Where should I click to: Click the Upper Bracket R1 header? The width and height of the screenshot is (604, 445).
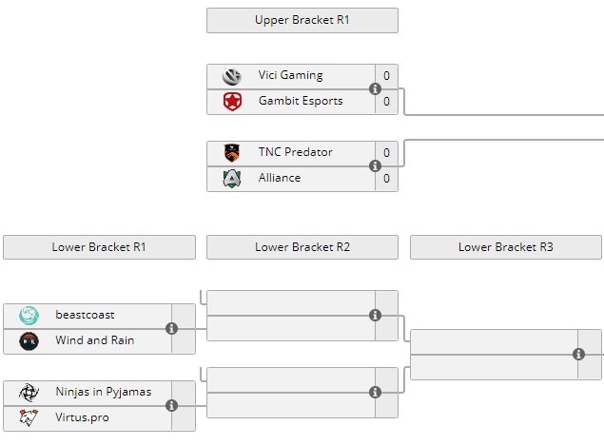[x=302, y=20]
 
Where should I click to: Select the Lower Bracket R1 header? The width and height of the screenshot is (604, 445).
[x=99, y=247]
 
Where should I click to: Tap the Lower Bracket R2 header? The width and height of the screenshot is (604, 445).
[x=302, y=247]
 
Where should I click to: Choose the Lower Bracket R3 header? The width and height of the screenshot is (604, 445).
[x=505, y=247]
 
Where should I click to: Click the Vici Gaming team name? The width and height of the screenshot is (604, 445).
[x=290, y=76]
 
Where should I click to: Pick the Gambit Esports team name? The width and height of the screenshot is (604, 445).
[x=300, y=102]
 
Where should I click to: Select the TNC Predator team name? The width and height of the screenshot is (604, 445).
[x=295, y=152]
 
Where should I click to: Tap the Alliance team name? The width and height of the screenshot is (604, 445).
[x=279, y=178]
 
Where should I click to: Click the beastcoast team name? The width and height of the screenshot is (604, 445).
[x=85, y=315]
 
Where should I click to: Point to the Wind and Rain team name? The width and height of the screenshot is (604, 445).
[x=94, y=340]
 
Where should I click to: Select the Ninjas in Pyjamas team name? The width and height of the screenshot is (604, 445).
[x=103, y=392]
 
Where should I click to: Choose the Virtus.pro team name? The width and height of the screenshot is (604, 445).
[x=83, y=417]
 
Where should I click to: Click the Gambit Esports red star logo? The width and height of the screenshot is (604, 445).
[x=232, y=102]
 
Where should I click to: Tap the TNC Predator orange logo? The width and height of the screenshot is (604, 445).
[x=232, y=152]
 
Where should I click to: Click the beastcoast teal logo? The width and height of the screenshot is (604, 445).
[x=29, y=315]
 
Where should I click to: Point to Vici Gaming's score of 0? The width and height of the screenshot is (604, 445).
[x=386, y=76]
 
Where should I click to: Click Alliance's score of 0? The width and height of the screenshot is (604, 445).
[x=386, y=178]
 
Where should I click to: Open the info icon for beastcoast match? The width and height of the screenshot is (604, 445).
[x=171, y=329]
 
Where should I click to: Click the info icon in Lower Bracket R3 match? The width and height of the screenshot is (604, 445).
[x=578, y=355]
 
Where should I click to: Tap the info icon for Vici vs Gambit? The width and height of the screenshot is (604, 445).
[x=375, y=89]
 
